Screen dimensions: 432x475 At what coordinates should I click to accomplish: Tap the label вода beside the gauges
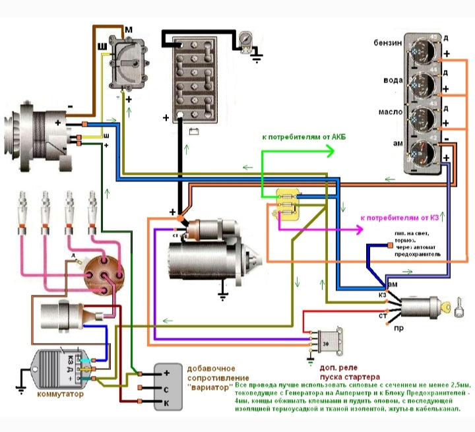click(x=389, y=79)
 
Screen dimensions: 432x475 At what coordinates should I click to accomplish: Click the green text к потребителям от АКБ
click(x=303, y=137)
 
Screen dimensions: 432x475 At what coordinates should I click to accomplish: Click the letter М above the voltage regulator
click(x=129, y=30)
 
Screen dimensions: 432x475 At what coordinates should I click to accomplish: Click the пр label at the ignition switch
click(x=398, y=327)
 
